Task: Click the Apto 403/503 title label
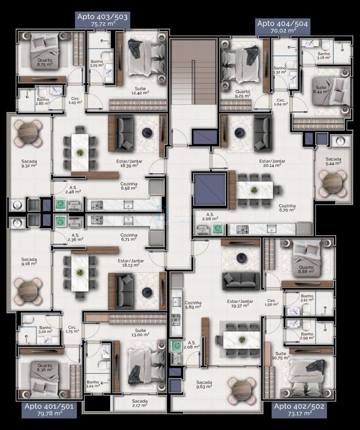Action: [102, 20]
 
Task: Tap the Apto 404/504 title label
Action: [283, 27]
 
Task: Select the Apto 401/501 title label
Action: [49, 410]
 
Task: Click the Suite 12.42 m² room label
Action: [140, 91]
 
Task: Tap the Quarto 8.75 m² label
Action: [45, 62]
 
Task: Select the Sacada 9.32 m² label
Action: [29, 164]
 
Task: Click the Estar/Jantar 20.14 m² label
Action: [272, 163]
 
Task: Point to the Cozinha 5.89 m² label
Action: [193, 305]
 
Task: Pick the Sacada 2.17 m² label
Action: [140, 403]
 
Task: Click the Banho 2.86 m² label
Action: [43, 101]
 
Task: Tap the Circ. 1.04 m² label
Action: [281, 102]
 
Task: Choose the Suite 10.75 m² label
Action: [281, 355]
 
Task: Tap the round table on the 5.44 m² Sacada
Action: [333, 184]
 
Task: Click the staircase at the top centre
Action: [194, 72]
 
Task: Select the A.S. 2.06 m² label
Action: [210, 217]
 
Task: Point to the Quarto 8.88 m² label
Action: [306, 269]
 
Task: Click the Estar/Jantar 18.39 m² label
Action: [129, 164]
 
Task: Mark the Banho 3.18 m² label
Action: [324, 56]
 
